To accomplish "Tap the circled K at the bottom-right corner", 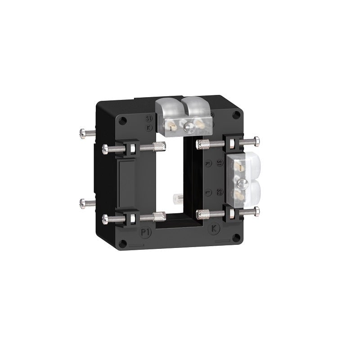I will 215,229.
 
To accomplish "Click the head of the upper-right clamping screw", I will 256,141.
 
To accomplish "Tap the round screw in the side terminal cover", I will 242,183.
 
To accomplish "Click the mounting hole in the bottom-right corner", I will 235,238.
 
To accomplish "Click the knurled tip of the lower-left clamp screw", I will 160,217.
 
